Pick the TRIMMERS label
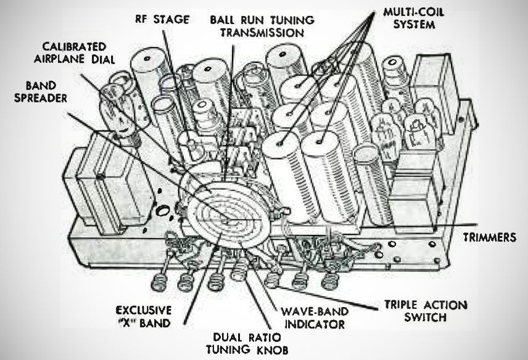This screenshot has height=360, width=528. tap(490, 237)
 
